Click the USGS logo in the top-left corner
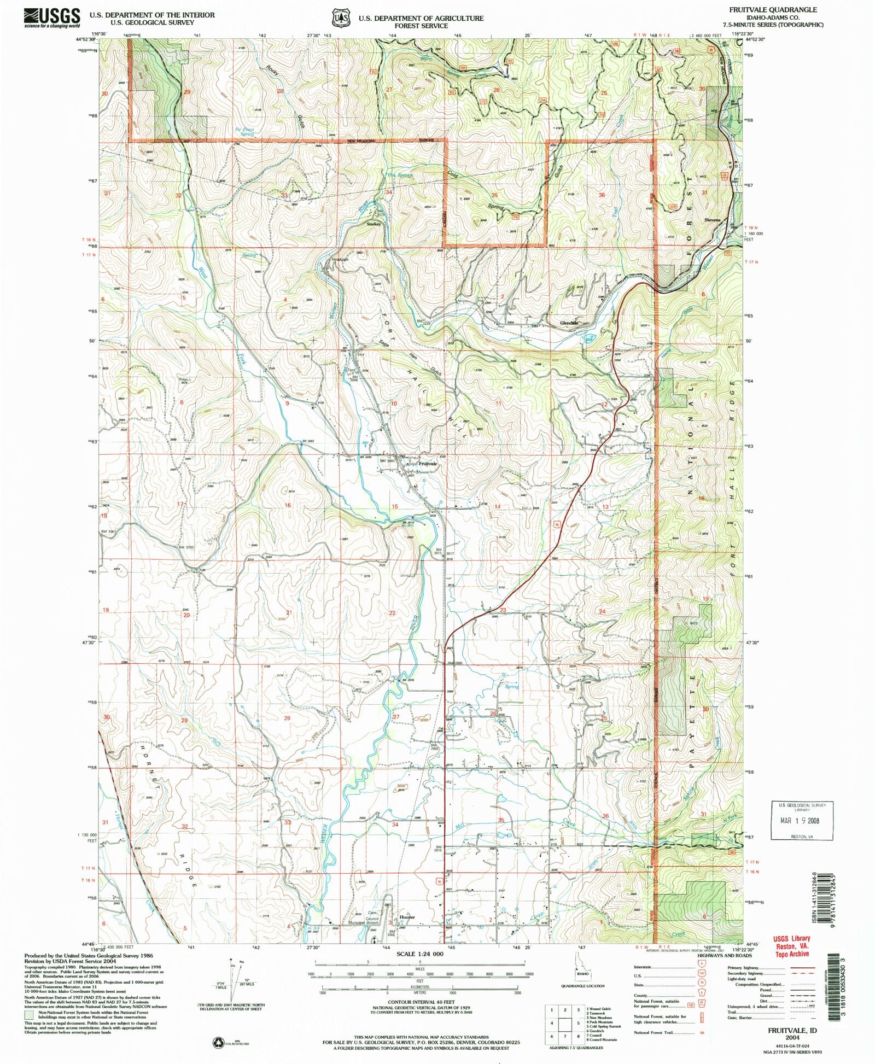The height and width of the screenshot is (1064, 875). coord(52,17)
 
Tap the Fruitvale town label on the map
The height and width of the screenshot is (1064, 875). coord(428,464)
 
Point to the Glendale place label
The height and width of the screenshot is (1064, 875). coord(569,323)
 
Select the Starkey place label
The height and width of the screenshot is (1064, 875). coord(374,224)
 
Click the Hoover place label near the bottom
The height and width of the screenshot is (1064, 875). coord(407,917)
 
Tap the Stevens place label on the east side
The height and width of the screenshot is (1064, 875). coord(712,220)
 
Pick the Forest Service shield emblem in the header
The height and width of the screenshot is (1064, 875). coord(342,19)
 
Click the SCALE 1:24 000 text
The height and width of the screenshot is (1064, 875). coord(419,954)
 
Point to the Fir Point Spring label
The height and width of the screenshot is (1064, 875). coord(244,132)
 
